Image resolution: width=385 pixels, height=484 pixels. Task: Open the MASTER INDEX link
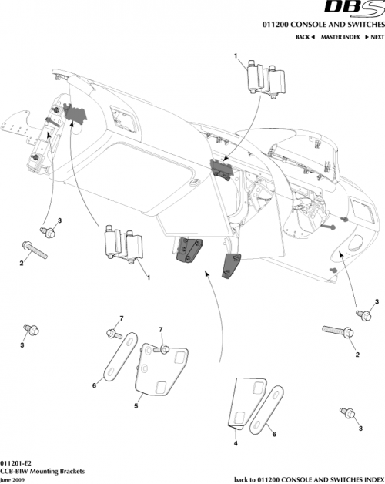[340, 37]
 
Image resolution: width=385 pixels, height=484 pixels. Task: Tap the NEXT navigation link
[374, 37]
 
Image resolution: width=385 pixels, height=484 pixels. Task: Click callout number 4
[235, 444]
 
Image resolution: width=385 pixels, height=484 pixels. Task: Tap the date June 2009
[14, 479]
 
